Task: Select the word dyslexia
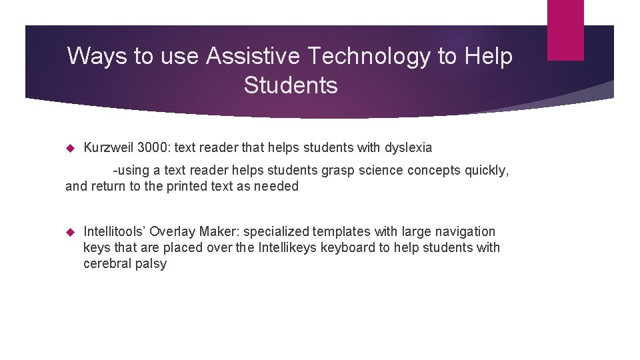click(407, 147)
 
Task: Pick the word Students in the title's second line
click(291, 85)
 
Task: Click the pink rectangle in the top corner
click(565, 29)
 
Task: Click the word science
click(381, 170)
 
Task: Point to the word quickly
click(486, 170)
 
